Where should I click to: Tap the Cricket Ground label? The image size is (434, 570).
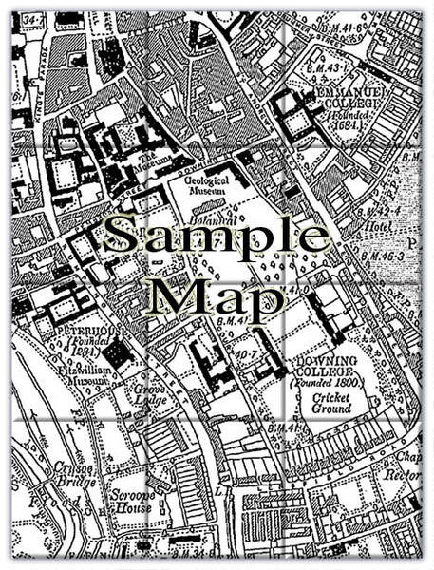coord(326,404)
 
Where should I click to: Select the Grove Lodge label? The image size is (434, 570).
coord(151,392)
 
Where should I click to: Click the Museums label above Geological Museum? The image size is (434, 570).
coord(152,159)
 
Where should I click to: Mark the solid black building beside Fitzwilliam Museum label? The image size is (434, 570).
coord(118,355)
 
